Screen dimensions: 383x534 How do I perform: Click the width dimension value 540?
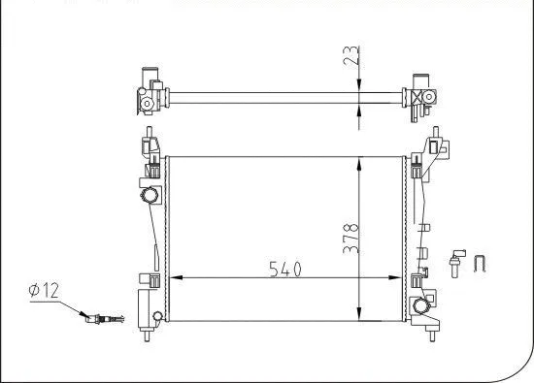click(x=285, y=267)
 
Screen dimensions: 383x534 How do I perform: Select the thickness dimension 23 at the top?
click(x=351, y=58)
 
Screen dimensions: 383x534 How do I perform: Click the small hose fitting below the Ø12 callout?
click(x=103, y=317)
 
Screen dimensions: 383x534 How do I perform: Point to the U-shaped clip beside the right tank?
click(x=479, y=261)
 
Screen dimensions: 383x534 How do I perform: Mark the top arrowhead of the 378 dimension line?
click(x=360, y=157)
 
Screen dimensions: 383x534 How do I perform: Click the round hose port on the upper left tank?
click(x=151, y=197)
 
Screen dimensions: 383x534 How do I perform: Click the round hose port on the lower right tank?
click(x=421, y=307)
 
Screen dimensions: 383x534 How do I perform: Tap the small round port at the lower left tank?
click(x=157, y=314)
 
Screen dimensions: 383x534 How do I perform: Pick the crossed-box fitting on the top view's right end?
click(x=420, y=98)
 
